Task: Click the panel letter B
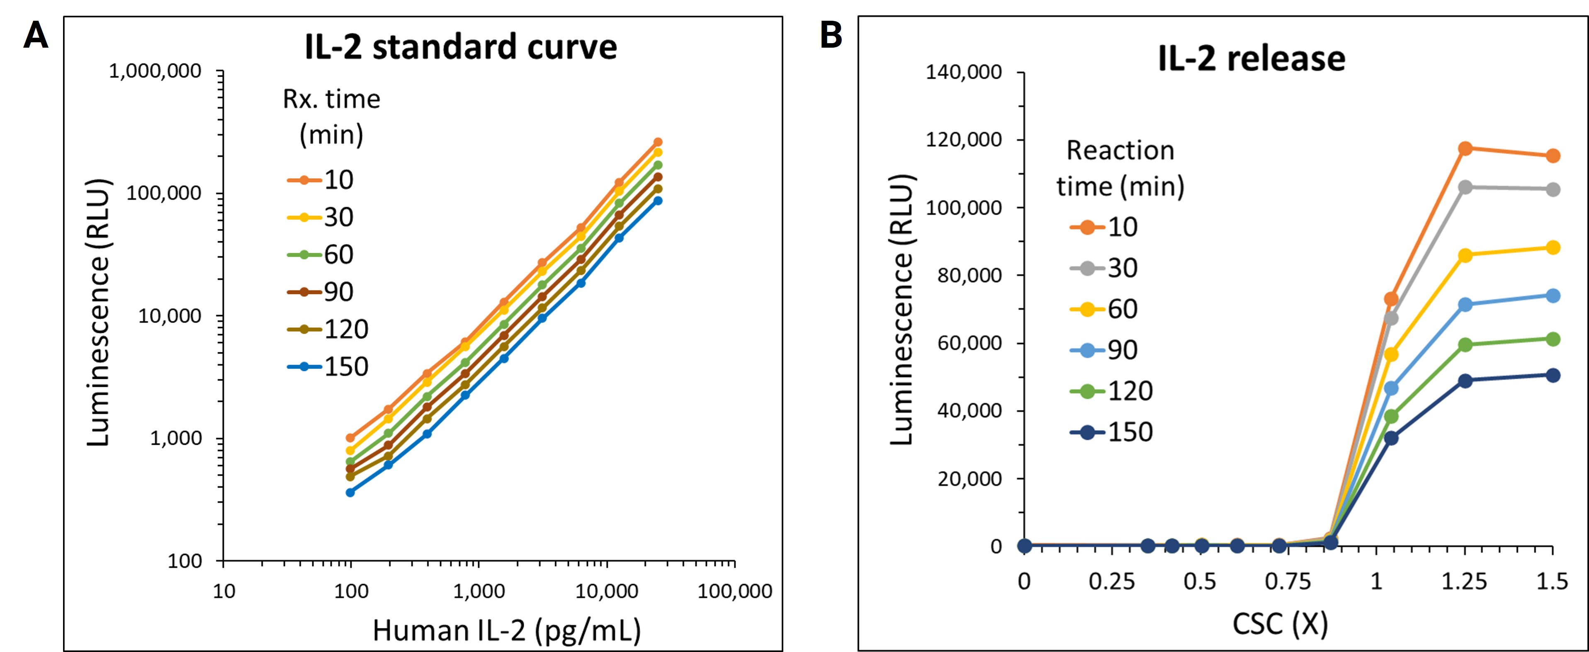pos(831,35)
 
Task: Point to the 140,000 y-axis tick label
pos(964,72)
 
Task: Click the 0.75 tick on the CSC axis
pos(1288,582)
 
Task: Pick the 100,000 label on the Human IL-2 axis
pos(735,591)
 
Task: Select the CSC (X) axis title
pos(1280,624)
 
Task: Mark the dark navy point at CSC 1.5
pos(1553,375)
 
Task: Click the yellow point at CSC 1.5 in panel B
pos(1553,248)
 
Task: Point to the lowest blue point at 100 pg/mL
pos(350,492)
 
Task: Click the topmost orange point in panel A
pos(658,142)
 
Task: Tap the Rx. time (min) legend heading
pos(331,116)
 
